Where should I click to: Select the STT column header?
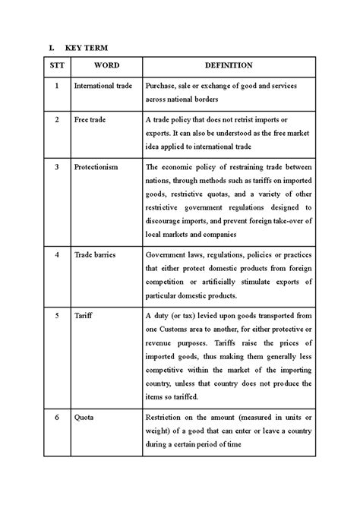click(56, 66)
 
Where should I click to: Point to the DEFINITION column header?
click(228, 66)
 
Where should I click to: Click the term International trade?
click(104, 86)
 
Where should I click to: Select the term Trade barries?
click(94, 254)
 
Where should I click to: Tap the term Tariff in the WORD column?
click(83, 315)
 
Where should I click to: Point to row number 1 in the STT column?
click(56, 86)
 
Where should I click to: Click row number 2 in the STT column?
click(56, 119)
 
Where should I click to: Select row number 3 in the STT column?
click(56, 166)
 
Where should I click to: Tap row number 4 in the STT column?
click(56, 254)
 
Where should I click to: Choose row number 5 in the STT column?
click(56, 315)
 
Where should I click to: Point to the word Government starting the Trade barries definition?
click(166, 254)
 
